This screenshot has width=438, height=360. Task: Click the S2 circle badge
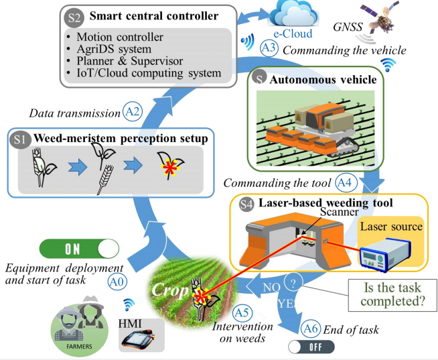click(74, 15)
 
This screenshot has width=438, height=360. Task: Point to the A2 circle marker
click(132, 111)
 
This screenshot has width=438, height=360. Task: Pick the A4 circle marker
click(345, 182)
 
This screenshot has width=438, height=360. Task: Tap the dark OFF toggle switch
click(310, 347)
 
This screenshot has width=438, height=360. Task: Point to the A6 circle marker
click(310, 328)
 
